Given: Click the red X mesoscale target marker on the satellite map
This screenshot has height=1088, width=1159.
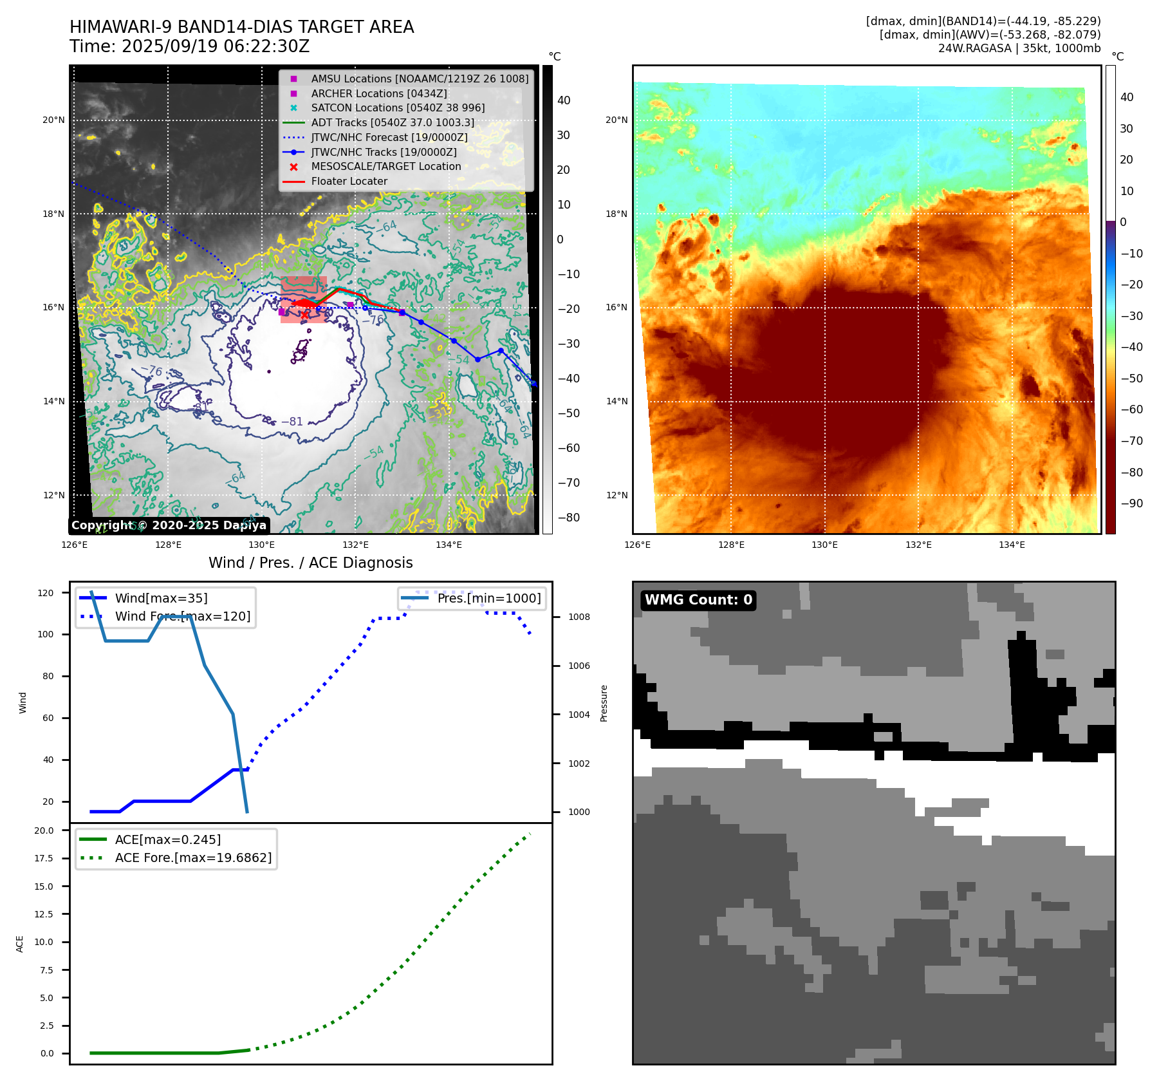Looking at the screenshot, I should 304,315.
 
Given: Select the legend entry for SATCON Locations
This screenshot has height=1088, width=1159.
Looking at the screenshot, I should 397,108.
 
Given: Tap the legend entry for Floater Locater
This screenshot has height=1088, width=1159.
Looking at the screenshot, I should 349,182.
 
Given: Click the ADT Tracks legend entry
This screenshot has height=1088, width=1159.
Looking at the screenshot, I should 392,122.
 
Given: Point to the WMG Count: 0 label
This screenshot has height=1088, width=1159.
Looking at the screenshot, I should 698,600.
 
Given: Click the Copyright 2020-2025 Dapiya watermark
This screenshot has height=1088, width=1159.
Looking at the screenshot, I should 169,525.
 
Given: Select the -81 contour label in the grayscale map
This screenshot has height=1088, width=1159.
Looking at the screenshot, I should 292,422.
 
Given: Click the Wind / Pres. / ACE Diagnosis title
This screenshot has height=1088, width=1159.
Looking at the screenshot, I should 310,563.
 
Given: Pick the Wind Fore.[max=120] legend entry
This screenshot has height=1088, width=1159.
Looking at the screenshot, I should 182,616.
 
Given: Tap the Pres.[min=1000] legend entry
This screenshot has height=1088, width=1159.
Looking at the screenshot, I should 488,598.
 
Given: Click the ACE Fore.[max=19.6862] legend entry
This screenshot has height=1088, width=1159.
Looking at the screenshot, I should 193,858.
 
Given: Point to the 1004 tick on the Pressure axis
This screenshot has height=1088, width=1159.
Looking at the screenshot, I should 579,715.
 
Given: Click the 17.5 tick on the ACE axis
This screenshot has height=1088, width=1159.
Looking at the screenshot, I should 44,858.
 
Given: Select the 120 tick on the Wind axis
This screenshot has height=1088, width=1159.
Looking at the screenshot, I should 46,593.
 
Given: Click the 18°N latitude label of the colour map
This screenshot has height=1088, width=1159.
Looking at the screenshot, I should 616,214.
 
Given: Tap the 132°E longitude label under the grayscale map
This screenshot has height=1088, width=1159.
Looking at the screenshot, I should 355,545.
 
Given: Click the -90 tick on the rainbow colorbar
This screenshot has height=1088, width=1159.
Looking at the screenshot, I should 1131,503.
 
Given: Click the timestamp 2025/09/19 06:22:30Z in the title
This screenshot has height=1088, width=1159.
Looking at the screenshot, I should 216,46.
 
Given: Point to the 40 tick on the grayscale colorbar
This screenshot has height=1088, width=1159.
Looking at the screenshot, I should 564,100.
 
